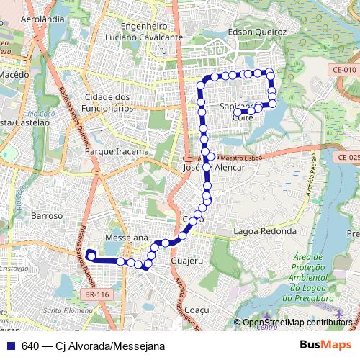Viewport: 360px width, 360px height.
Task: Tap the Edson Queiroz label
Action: pos(256,32)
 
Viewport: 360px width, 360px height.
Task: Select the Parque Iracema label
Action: pos(117,152)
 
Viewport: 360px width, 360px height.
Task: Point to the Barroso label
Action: pos(48,215)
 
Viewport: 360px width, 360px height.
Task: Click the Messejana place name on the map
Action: pos(126,237)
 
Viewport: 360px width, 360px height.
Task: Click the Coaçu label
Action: pos(196,310)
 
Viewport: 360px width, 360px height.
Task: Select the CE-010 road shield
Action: pos(345,69)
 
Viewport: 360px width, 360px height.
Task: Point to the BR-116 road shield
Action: pos(96,294)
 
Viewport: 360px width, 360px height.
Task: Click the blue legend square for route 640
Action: pos(10,346)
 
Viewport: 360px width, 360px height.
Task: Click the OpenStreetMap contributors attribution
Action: pos(297,323)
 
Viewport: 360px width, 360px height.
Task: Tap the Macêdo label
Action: pos(14,74)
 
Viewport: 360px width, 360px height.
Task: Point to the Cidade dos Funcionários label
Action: pos(117,102)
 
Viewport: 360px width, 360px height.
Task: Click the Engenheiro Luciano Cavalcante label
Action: pos(141,31)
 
